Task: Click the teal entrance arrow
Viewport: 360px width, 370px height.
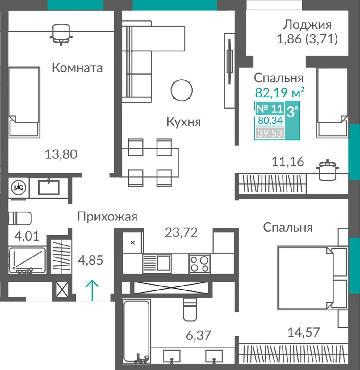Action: (x=92, y=290)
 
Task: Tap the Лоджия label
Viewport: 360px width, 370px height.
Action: (x=307, y=25)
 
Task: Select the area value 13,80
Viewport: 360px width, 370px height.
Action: (x=61, y=154)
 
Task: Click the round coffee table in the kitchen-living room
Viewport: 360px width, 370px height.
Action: (x=182, y=90)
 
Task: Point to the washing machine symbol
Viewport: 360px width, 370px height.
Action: (x=19, y=187)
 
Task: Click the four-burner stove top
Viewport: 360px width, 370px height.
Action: (x=199, y=264)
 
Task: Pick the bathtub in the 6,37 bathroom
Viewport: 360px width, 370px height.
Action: (x=136, y=332)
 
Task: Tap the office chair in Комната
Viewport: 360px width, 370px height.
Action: (x=61, y=34)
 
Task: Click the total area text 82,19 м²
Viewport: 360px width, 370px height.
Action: (x=280, y=92)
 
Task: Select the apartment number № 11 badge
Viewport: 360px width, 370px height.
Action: (x=270, y=109)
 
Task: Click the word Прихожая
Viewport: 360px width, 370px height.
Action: (x=107, y=217)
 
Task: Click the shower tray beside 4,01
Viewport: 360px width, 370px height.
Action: (x=27, y=260)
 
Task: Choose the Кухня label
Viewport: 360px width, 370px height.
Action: (x=183, y=122)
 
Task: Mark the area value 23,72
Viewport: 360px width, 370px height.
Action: (x=181, y=232)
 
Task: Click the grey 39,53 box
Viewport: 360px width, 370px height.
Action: (x=270, y=133)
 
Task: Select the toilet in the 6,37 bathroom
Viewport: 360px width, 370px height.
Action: (x=190, y=309)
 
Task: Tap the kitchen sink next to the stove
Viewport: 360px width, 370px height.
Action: (x=157, y=264)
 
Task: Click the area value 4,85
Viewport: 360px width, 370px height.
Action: (x=90, y=260)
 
